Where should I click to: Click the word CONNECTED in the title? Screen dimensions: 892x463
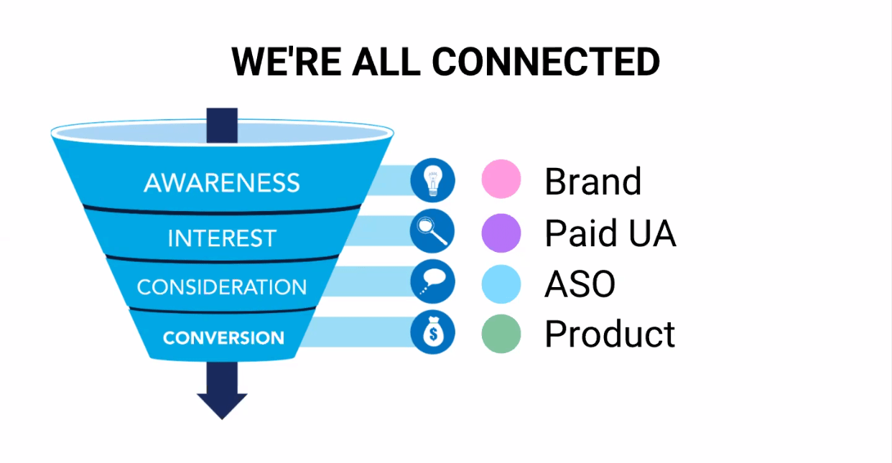(x=546, y=62)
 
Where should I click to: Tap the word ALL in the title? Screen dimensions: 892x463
(x=386, y=62)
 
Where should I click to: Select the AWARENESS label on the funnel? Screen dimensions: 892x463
(x=222, y=183)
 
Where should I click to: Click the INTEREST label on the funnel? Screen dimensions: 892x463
(x=222, y=238)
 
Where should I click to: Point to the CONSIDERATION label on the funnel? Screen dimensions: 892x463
(x=222, y=286)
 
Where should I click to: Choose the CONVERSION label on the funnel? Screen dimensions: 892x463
(x=223, y=337)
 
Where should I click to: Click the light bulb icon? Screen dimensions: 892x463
(x=433, y=180)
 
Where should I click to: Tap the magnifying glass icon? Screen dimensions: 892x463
(x=432, y=231)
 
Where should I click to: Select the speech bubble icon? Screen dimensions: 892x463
(x=433, y=281)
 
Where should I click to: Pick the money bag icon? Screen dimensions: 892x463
(x=433, y=332)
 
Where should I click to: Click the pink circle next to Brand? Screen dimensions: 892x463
(x=501, y=179)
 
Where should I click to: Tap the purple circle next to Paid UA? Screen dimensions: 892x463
(x=501, y=233)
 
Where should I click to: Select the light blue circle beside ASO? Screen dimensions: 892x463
(x=501, y=284)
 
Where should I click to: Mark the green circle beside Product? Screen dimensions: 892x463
(x=501, y=334)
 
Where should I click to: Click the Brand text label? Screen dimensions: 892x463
(x=593, y=181)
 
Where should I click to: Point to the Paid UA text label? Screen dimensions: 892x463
(x=610, y=233)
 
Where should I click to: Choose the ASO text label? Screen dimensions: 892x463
(x=580, y=284)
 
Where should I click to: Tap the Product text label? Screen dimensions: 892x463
(x=610, y=334)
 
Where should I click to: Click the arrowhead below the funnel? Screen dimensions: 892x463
(x=222, y=406)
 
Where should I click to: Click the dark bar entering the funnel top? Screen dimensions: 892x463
(x=222, y=125)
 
